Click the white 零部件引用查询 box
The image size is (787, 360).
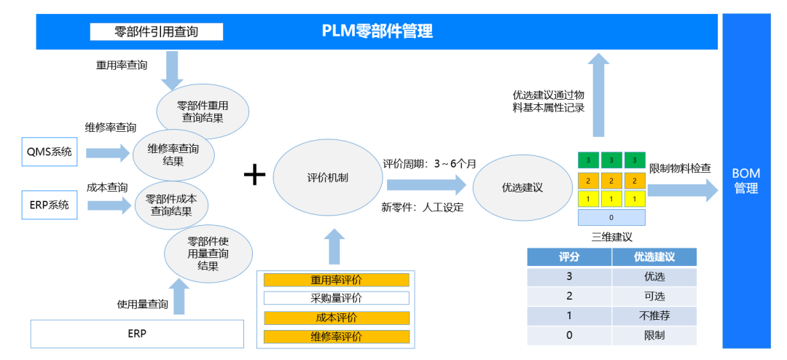coord(156,31)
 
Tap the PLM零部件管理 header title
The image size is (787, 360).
coord(377,31)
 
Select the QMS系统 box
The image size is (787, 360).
coord(50,151)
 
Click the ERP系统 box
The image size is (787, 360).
coord(50,205)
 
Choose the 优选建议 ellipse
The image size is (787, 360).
coord(522,187)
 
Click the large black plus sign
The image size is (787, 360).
coord(254,176)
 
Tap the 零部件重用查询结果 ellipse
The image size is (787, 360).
coord(203,112)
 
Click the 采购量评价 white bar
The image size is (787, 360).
coord(336,298)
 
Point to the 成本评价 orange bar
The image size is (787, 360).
coord(336,318)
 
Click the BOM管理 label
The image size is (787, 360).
coord(746,181)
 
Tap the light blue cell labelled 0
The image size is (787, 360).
coord(611,217)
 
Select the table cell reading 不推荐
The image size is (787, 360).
coord(654,316)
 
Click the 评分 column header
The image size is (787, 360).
coord(569,257)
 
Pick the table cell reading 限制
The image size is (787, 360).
coord(654,335)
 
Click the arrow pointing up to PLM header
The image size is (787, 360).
coord(598,95)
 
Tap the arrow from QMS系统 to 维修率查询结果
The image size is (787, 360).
coord(108,152)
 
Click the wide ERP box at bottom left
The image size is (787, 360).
coord(137,334)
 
